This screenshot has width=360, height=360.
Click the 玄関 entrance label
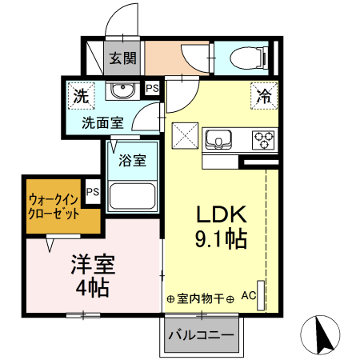[x=123, y=58]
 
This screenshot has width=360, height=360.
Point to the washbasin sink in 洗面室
[x=122, y=90]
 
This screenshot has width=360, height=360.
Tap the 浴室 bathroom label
[x=132, y=161]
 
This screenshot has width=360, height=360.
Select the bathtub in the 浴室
[x=131, y=197]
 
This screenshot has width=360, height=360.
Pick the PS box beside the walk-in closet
[x=93, y=192]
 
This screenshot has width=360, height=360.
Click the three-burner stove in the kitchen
[x=262, y=140]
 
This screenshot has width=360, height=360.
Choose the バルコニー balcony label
[x=201, y=335]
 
